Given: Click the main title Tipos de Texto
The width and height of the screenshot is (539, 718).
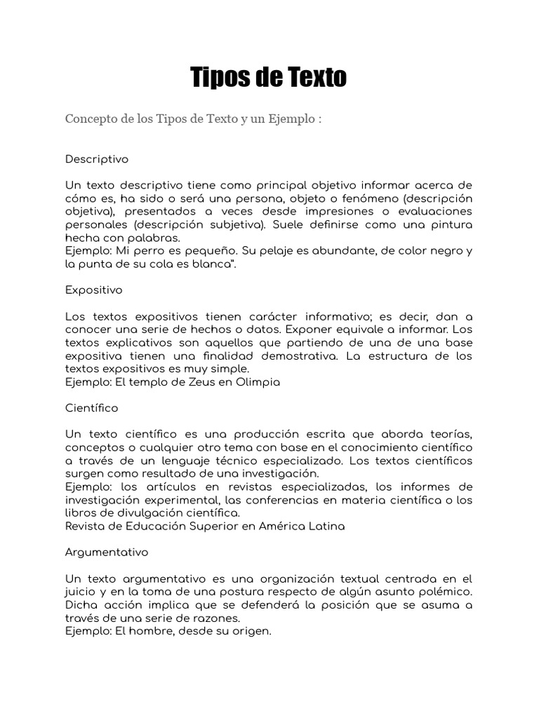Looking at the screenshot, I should [x=269, y=78].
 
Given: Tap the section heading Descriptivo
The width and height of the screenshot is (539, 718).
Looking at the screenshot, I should [x=97, y=159].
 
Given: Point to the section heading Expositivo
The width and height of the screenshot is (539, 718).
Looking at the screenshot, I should [x=93, y=290].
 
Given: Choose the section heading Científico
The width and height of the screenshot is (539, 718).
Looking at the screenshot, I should [x=92, y=407].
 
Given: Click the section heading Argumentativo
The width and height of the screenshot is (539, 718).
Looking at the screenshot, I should [x=107, y=552].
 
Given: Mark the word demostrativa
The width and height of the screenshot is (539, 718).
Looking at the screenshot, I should [x=303, y=355].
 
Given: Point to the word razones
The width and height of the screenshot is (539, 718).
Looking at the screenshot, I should [x=217, y=618].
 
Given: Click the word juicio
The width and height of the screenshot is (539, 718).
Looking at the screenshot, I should [x=81, y=592].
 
